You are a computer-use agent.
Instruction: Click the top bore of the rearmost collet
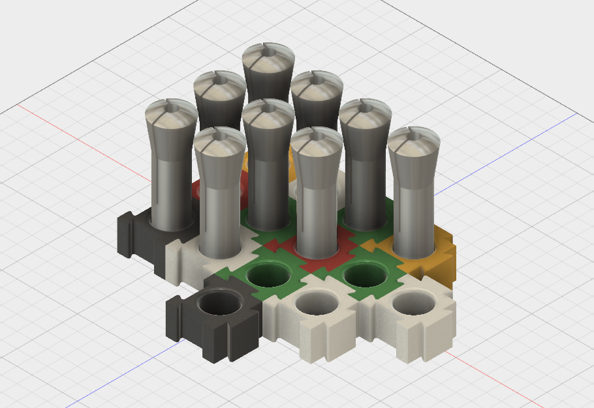(268, 50)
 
